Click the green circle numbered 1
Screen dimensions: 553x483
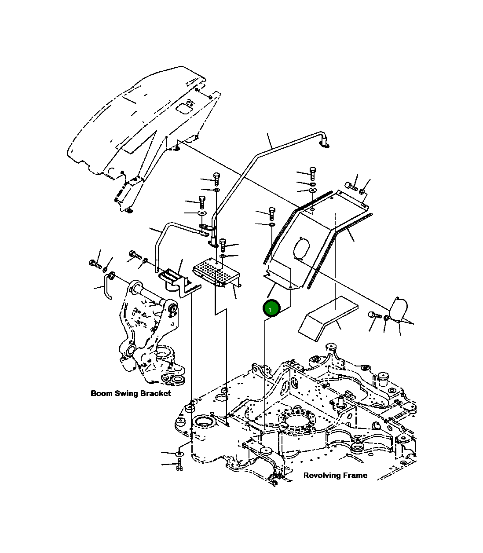pos(271,308)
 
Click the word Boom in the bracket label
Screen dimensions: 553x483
pos(101,393)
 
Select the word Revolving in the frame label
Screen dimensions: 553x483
pos(320,475)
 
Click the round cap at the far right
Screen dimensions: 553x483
pos(399,308)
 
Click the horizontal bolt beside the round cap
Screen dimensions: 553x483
pos(374,315)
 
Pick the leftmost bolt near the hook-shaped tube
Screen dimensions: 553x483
pos(95,264)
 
